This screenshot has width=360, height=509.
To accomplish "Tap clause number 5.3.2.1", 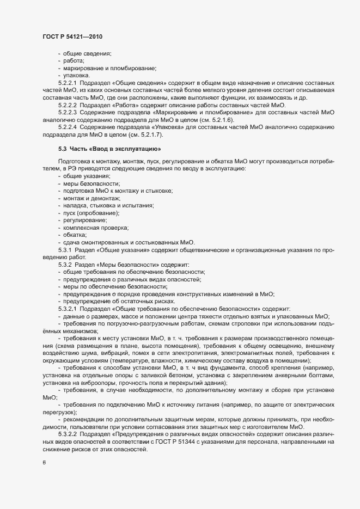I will pos(68,308).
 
